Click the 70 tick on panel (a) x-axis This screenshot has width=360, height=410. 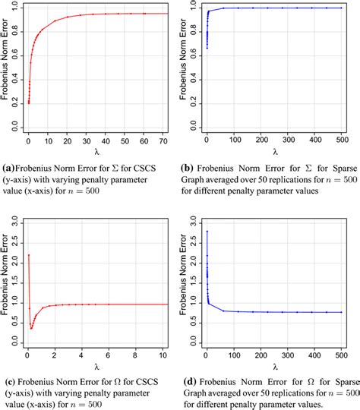coord(166,140)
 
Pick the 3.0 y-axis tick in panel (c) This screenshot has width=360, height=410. coord(16,221)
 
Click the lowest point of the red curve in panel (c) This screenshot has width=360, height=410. coord(32,328)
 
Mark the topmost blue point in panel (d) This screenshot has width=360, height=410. coord(207,232)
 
